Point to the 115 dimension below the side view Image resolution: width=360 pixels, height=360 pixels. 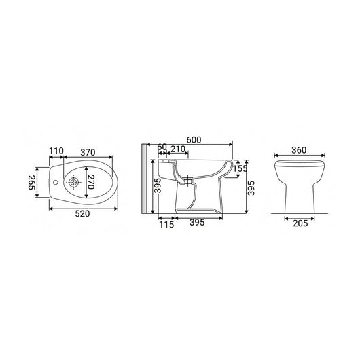165,223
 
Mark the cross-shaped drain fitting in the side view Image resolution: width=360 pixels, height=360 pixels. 165,163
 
